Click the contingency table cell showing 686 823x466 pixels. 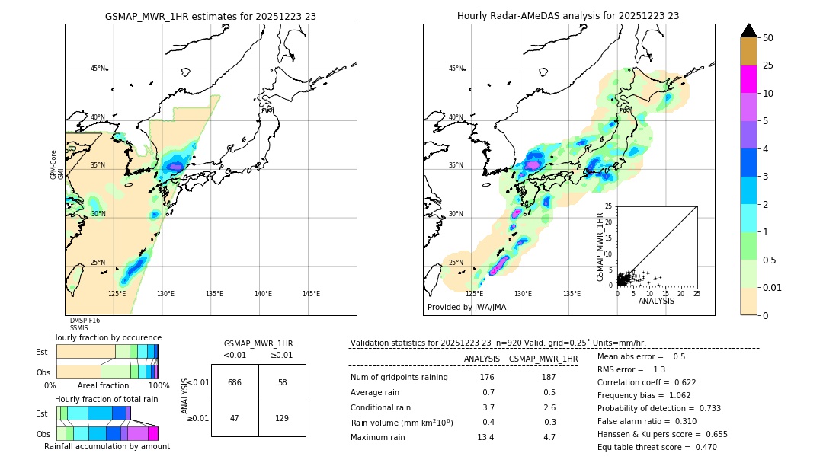pos(235,382)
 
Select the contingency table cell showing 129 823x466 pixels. pos(282,419)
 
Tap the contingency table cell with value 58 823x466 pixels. pos(282,382)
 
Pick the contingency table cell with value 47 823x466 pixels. pos(235,419)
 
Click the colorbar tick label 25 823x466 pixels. pos(768,65)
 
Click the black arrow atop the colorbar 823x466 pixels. pos(749,30)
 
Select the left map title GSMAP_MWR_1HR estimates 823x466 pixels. pos(210,16)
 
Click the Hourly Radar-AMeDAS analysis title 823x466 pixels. pos(568,16)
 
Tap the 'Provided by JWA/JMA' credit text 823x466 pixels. pos(466,308)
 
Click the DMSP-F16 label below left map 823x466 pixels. pos(85,321)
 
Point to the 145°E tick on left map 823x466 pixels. pos(311,294)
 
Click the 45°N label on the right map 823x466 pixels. pos(456,69)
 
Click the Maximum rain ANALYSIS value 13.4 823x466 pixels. pos(485,437)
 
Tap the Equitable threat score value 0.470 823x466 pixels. pos(700,447)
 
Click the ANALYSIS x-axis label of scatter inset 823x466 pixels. pos(656,301)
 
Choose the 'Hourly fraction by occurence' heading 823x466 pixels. pos(107,337)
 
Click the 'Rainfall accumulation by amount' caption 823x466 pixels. pos(113,447)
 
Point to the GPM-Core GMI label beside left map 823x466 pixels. pos(57,164)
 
